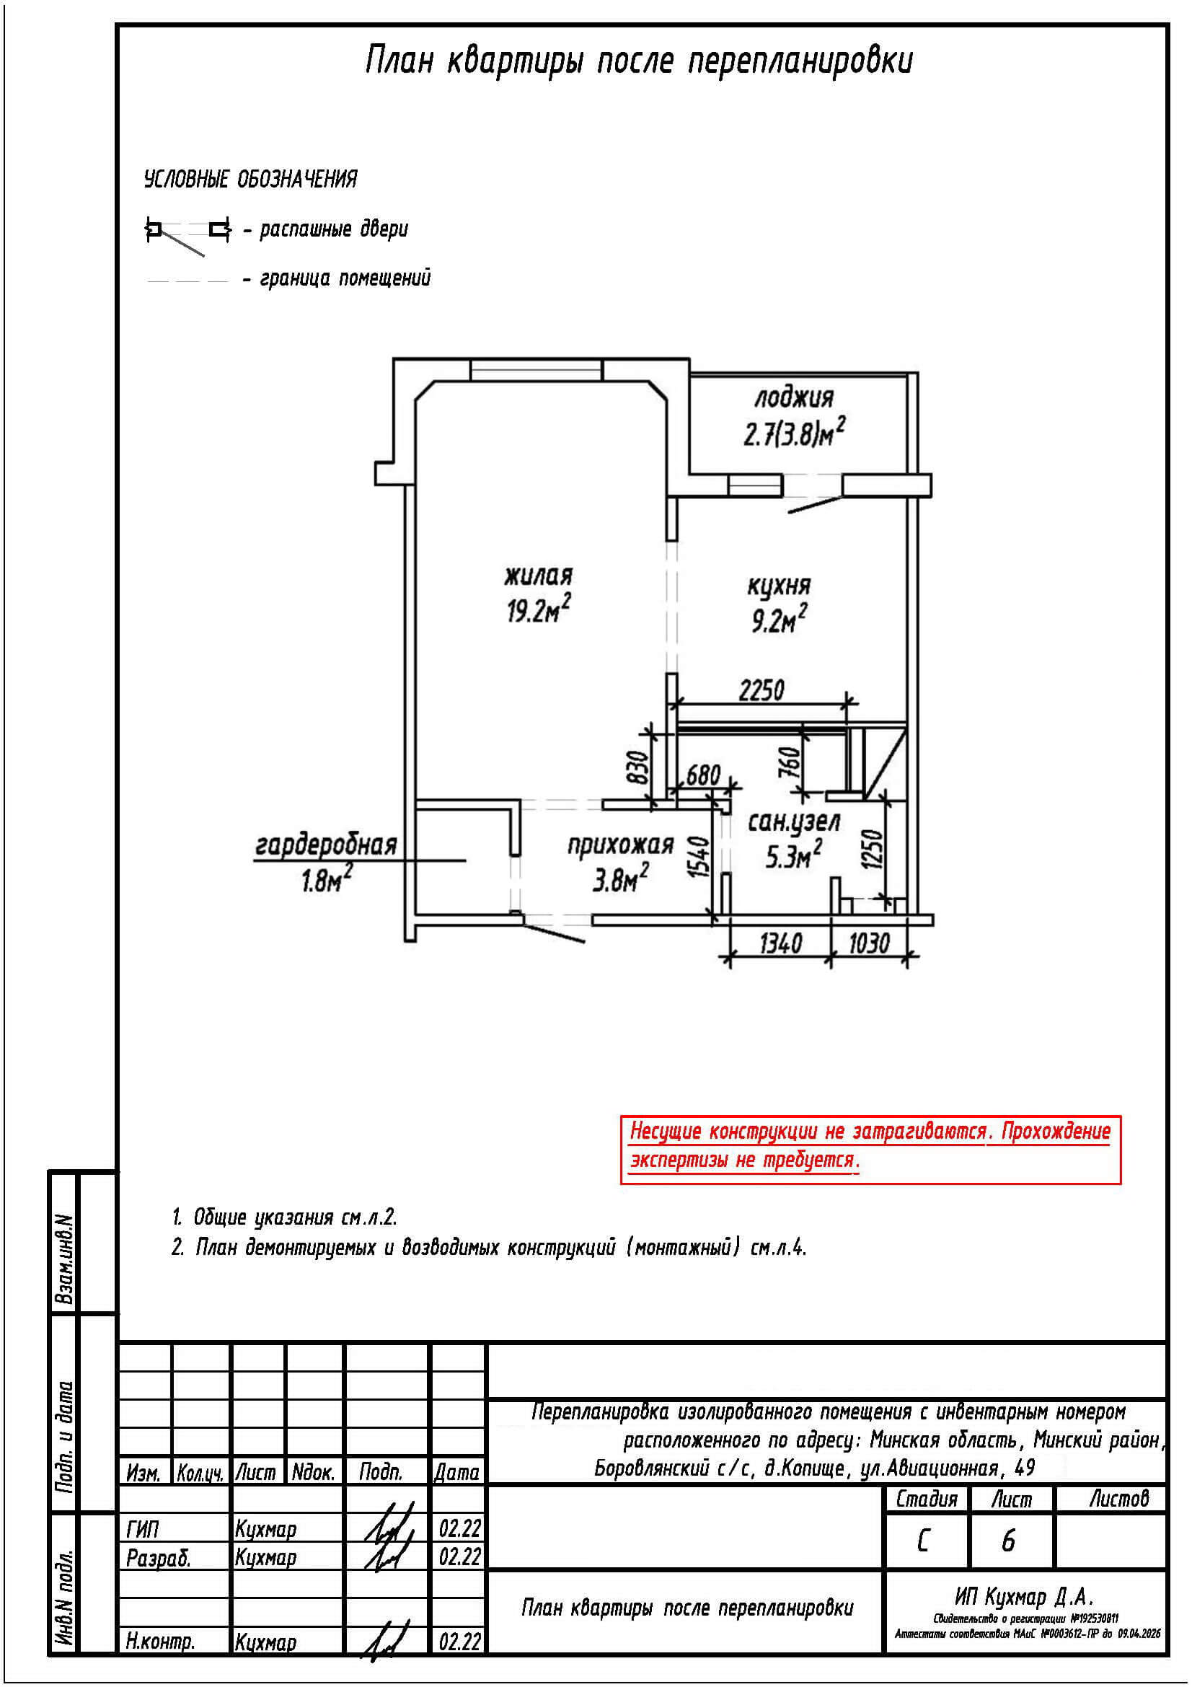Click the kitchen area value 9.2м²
(x=778, y=622)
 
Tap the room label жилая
(x=539, y=576)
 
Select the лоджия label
(x=794, y=397)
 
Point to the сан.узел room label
(x=794, y=822)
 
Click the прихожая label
(x=621, y=845)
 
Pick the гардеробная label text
(x=326, y=846)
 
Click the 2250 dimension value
(x=761, y=690)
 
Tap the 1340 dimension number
(x=780, y=943)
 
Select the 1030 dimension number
(x=869, y=943)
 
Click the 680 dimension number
(x=702, y=775)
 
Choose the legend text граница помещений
(x=345, y=278)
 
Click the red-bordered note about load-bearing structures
(x=870, y=1145)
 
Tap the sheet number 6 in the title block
(x=1008, y=1541)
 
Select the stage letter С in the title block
(x=923, y=1541)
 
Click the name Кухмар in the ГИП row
(x=266, y=1529)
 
